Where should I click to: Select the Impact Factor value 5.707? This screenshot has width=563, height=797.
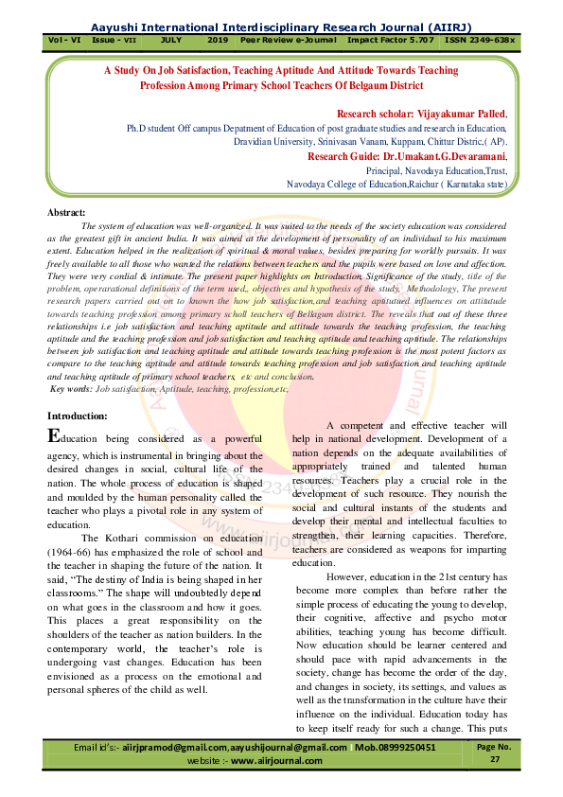point(417,43)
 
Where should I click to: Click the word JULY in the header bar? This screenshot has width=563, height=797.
point(171,43)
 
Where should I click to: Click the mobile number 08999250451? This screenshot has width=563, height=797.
point(396,748)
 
